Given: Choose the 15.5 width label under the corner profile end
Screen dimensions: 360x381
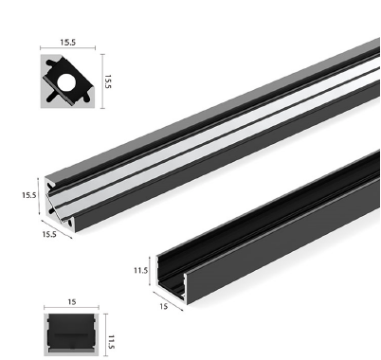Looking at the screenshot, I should [x=48, y=234].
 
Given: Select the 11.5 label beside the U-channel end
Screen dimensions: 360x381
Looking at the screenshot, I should [x=140, y=269].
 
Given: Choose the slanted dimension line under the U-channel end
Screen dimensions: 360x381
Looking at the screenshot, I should [x=170, y=299].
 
